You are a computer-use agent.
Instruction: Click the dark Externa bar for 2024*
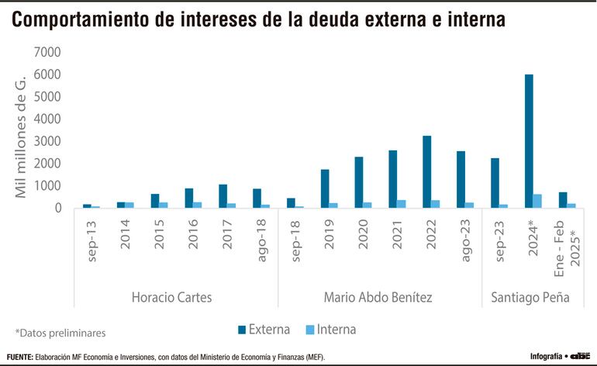click(528, 141)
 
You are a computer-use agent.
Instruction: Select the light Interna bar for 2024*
click(537, 201)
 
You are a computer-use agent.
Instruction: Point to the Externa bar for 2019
click(325, 188)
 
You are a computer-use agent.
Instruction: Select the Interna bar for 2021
click(402, 204)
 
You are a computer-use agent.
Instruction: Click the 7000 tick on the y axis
click(47, 52)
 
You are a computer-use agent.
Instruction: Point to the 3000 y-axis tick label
click(47, 141)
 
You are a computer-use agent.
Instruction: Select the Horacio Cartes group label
click(171, 297)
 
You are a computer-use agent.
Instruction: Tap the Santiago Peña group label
click(530, 297)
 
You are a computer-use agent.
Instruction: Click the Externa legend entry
click(263, 330)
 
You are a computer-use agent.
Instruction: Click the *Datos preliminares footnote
click(60, 333)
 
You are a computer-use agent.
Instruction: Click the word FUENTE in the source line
click(18, 357)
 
